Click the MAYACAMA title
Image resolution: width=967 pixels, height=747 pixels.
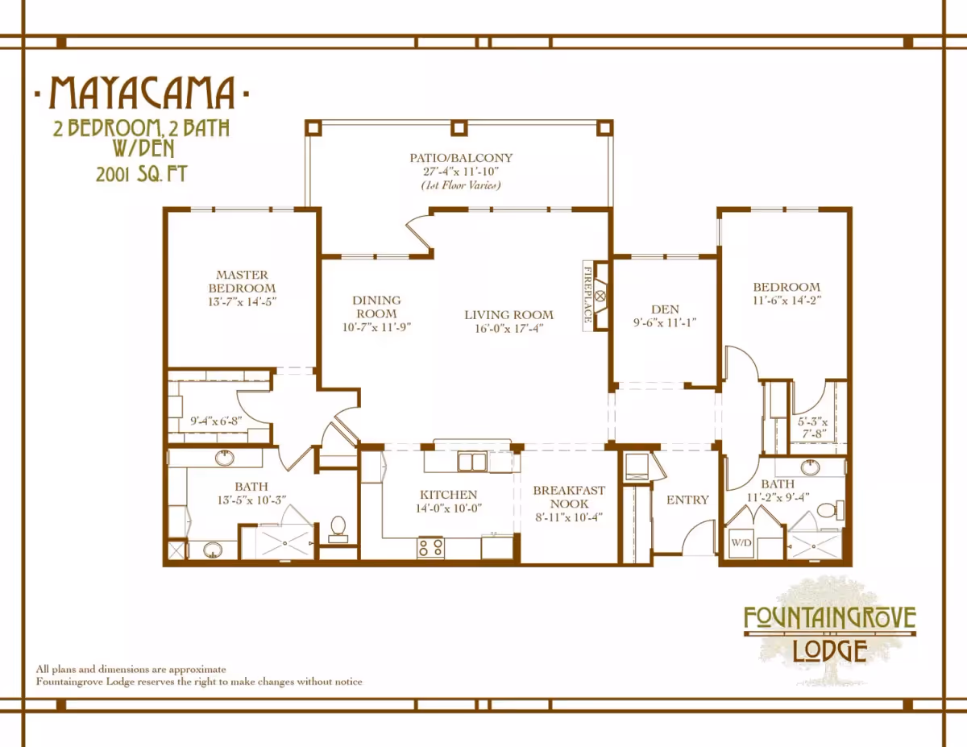point(142,93)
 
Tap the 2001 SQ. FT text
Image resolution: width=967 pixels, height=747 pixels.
point(142,174)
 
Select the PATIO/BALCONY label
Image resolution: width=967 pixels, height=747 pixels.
point(461,158)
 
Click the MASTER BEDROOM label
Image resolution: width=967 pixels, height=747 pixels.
point(242,281)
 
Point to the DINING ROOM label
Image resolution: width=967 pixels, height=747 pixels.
point(376,306)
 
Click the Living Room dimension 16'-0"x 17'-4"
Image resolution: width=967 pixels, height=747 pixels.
point(509,329)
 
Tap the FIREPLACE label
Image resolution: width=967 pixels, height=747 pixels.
point(587,295)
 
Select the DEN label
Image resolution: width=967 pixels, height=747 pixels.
point(665,309)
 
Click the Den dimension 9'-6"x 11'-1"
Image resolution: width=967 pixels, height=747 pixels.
point(665,322)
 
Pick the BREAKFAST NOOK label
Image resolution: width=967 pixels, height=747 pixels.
point(569,497)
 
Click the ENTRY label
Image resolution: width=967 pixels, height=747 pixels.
point(687,500)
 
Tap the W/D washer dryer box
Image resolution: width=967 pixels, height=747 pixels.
point(741,543)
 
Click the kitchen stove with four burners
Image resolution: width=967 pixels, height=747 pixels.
point(430,547)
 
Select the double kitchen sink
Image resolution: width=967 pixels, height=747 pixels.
point(471,462)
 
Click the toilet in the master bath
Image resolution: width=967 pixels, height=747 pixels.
point(338,529)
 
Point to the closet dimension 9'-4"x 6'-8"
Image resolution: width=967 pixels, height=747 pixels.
point(216,421)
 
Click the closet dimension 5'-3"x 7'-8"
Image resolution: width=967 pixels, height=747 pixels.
point(812,428)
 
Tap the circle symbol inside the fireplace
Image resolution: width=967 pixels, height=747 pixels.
point(600,296)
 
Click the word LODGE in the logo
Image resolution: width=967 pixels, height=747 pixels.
point(829,650)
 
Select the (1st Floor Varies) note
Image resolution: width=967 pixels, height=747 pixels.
point(461,185)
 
